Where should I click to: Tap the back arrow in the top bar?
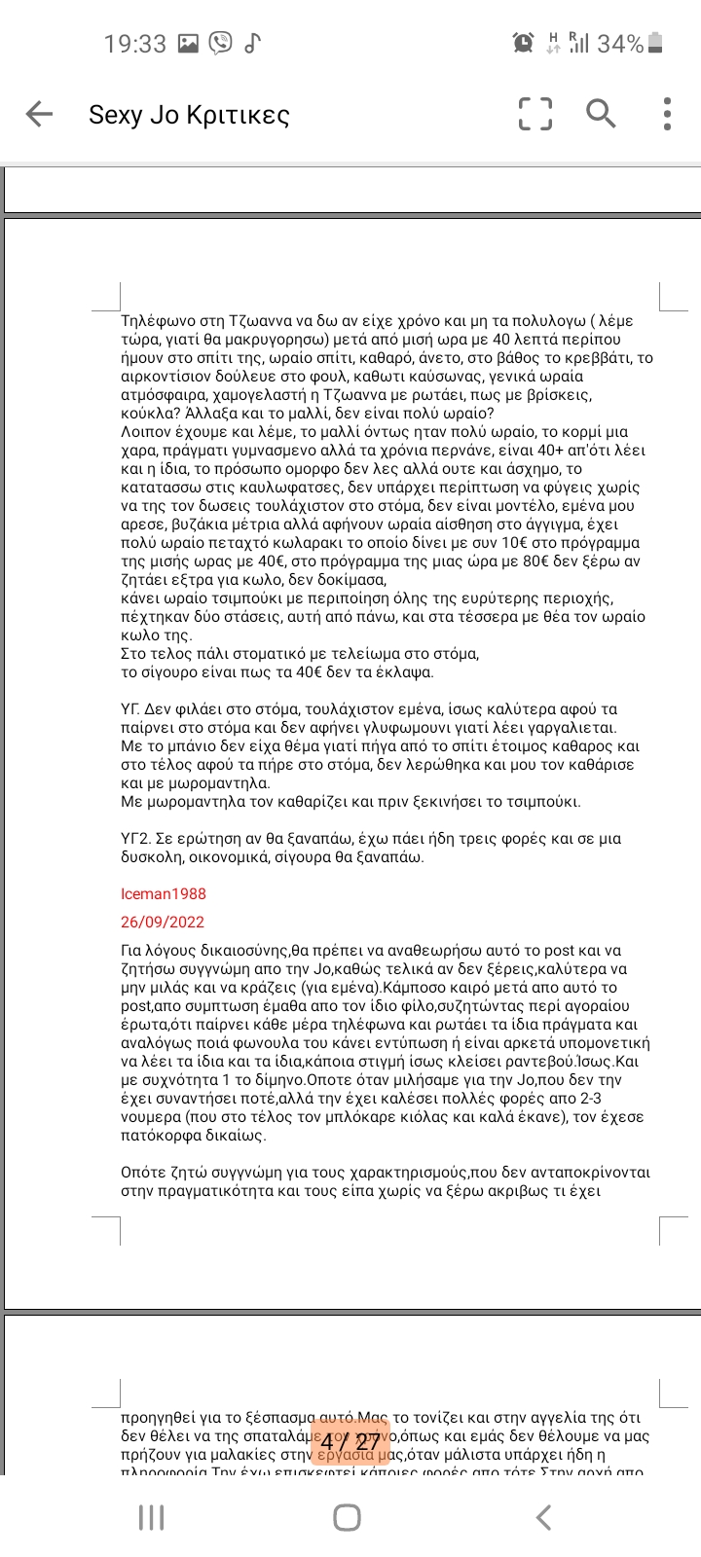39,114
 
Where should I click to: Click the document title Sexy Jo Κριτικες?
189,115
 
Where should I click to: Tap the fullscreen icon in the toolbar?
535,114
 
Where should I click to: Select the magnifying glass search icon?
601,114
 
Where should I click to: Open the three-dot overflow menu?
667,114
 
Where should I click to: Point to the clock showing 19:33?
135,44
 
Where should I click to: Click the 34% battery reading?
620,44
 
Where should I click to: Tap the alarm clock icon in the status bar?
523,43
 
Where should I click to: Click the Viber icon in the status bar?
221,43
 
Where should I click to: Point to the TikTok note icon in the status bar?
252,43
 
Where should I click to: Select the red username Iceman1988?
164,893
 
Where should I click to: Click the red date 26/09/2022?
163,922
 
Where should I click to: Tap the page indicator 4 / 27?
350,1441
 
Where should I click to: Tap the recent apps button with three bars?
151,1517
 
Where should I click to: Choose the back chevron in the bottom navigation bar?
544,1517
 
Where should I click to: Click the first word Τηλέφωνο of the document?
154,320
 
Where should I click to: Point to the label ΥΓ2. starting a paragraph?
139,839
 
